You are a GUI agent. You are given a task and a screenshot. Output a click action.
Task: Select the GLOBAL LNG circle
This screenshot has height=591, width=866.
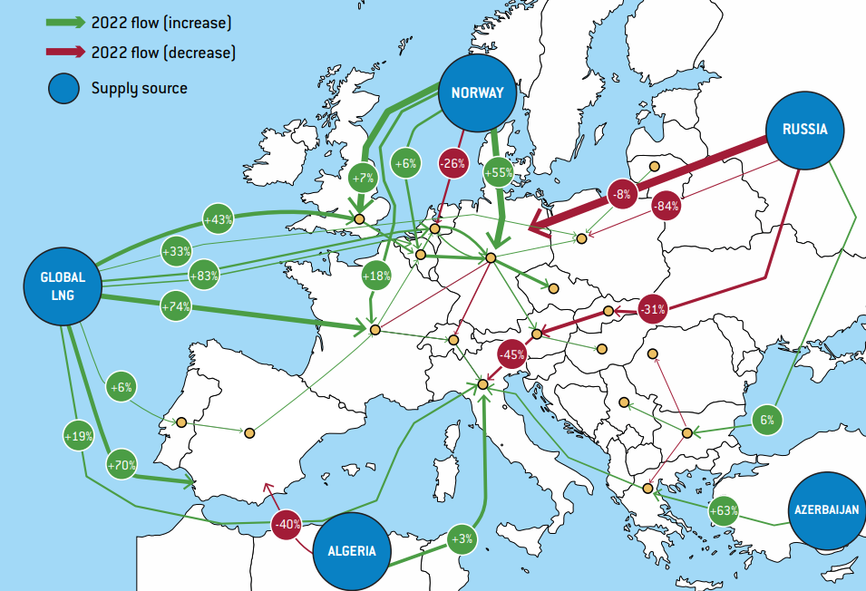point(63,285)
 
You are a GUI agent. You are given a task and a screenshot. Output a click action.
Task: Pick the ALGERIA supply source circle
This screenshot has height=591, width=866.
point(352,550)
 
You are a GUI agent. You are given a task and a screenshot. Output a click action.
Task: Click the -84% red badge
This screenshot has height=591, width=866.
point(666,206)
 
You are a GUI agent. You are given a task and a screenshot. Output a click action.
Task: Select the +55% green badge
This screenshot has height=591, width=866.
point(499,170)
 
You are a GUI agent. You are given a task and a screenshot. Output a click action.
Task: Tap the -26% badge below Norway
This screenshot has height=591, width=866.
point(452,164)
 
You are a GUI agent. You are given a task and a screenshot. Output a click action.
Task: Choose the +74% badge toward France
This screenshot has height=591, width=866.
point(176,306)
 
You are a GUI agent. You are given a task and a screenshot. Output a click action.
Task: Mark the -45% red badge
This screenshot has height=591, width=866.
point(513,354)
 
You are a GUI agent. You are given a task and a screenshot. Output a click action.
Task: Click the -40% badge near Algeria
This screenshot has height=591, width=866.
point(287,524)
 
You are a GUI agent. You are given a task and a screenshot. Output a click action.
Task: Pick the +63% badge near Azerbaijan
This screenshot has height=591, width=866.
point(723,510)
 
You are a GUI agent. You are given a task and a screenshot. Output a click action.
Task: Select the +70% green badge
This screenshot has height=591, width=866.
point(122,466)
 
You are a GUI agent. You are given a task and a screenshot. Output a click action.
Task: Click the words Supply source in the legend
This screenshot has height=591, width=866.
point(139,88)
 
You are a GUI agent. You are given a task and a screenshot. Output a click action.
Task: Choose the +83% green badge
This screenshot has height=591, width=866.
point(203,275)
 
